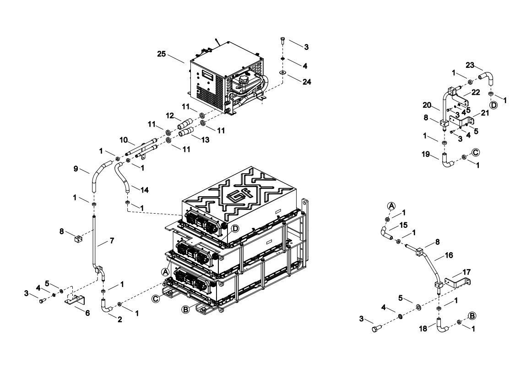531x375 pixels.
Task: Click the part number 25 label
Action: tap(162, 54)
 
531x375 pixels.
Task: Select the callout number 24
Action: tap(307, 82)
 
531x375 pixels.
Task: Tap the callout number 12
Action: tap(170, 116)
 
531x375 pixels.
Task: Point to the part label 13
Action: tap(205, 140)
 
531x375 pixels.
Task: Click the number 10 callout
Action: tap(124, 140)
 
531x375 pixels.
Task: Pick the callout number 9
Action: tap(76, 168)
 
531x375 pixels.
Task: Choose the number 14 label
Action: tap(145, 190)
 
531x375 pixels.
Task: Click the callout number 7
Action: tap(112, 241)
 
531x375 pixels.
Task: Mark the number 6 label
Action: tap(87, 313)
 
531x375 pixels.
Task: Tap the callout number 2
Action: tap(119, 320)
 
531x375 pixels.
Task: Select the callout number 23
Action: tap(470, 65)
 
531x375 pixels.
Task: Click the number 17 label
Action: tap(466, 272)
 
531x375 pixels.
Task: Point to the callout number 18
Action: tap(423, 328)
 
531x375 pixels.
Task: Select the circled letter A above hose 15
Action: tap(391, 206)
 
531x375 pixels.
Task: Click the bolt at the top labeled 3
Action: tap(282, 40)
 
